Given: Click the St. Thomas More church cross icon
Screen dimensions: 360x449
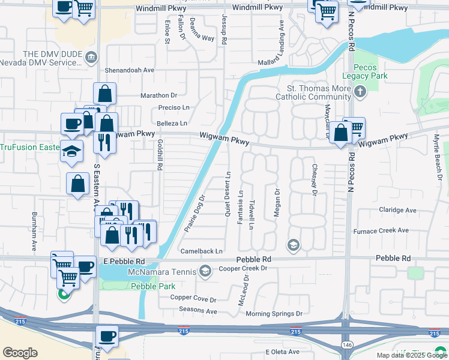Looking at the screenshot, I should coord(360,91).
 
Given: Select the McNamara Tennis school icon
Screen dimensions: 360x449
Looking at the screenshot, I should coord(205,272).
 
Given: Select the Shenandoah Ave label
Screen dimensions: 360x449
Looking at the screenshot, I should coord(130,70).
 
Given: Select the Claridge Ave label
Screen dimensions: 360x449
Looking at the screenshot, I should coord(397,210).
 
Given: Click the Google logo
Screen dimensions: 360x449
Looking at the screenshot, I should coord(20,353).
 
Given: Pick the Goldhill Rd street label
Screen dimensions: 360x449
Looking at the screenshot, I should coord(160,155).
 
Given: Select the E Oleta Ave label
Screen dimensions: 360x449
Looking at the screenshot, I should coord(282,352).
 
